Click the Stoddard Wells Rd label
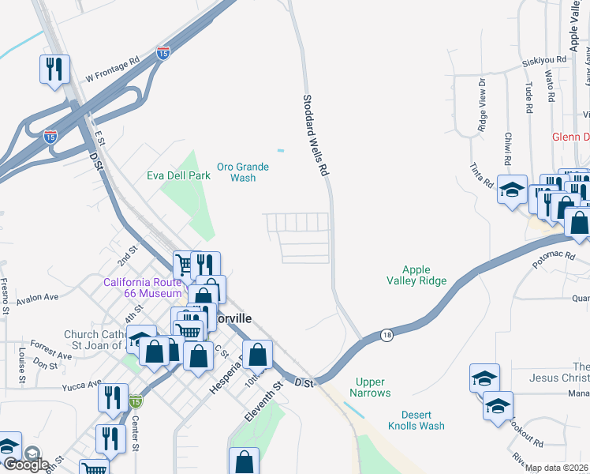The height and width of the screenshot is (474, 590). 315,135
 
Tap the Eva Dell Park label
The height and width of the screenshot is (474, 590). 178,175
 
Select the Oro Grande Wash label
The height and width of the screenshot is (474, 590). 243,172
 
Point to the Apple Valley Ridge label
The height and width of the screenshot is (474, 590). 416,275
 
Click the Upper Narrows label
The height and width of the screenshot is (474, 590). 372,387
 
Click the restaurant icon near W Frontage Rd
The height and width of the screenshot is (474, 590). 54,70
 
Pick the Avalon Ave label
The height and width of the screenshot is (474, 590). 38,298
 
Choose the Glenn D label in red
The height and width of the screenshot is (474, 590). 570,136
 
